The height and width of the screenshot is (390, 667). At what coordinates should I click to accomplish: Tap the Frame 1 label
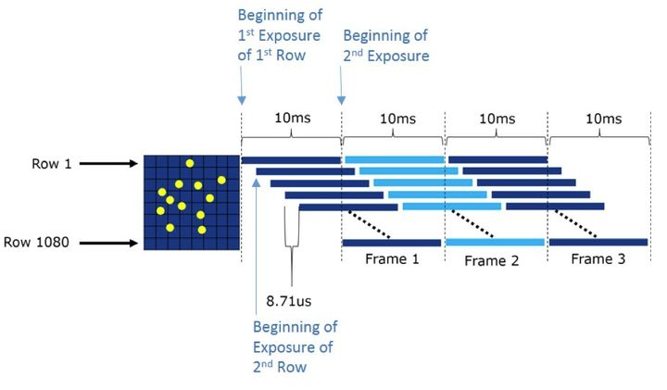[393, 258]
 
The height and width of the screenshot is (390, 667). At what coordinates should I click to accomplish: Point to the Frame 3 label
[598, 258]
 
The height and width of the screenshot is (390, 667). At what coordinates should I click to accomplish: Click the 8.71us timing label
[291, 300]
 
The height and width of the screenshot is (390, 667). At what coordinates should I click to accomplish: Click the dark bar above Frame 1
[393, 243]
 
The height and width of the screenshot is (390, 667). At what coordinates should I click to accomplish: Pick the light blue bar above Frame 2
[495, 243]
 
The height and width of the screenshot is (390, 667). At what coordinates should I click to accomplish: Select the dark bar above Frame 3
[598, 243]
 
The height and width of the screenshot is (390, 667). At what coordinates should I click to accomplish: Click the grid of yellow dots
[191, 202]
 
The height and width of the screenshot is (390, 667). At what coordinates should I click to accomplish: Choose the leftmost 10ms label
[292, 119]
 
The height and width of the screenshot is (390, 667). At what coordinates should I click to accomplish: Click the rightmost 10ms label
[603, 119]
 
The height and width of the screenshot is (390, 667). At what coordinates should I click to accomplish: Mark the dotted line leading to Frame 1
[368, 223]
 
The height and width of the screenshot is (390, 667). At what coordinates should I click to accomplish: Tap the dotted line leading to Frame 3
[573, 223]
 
